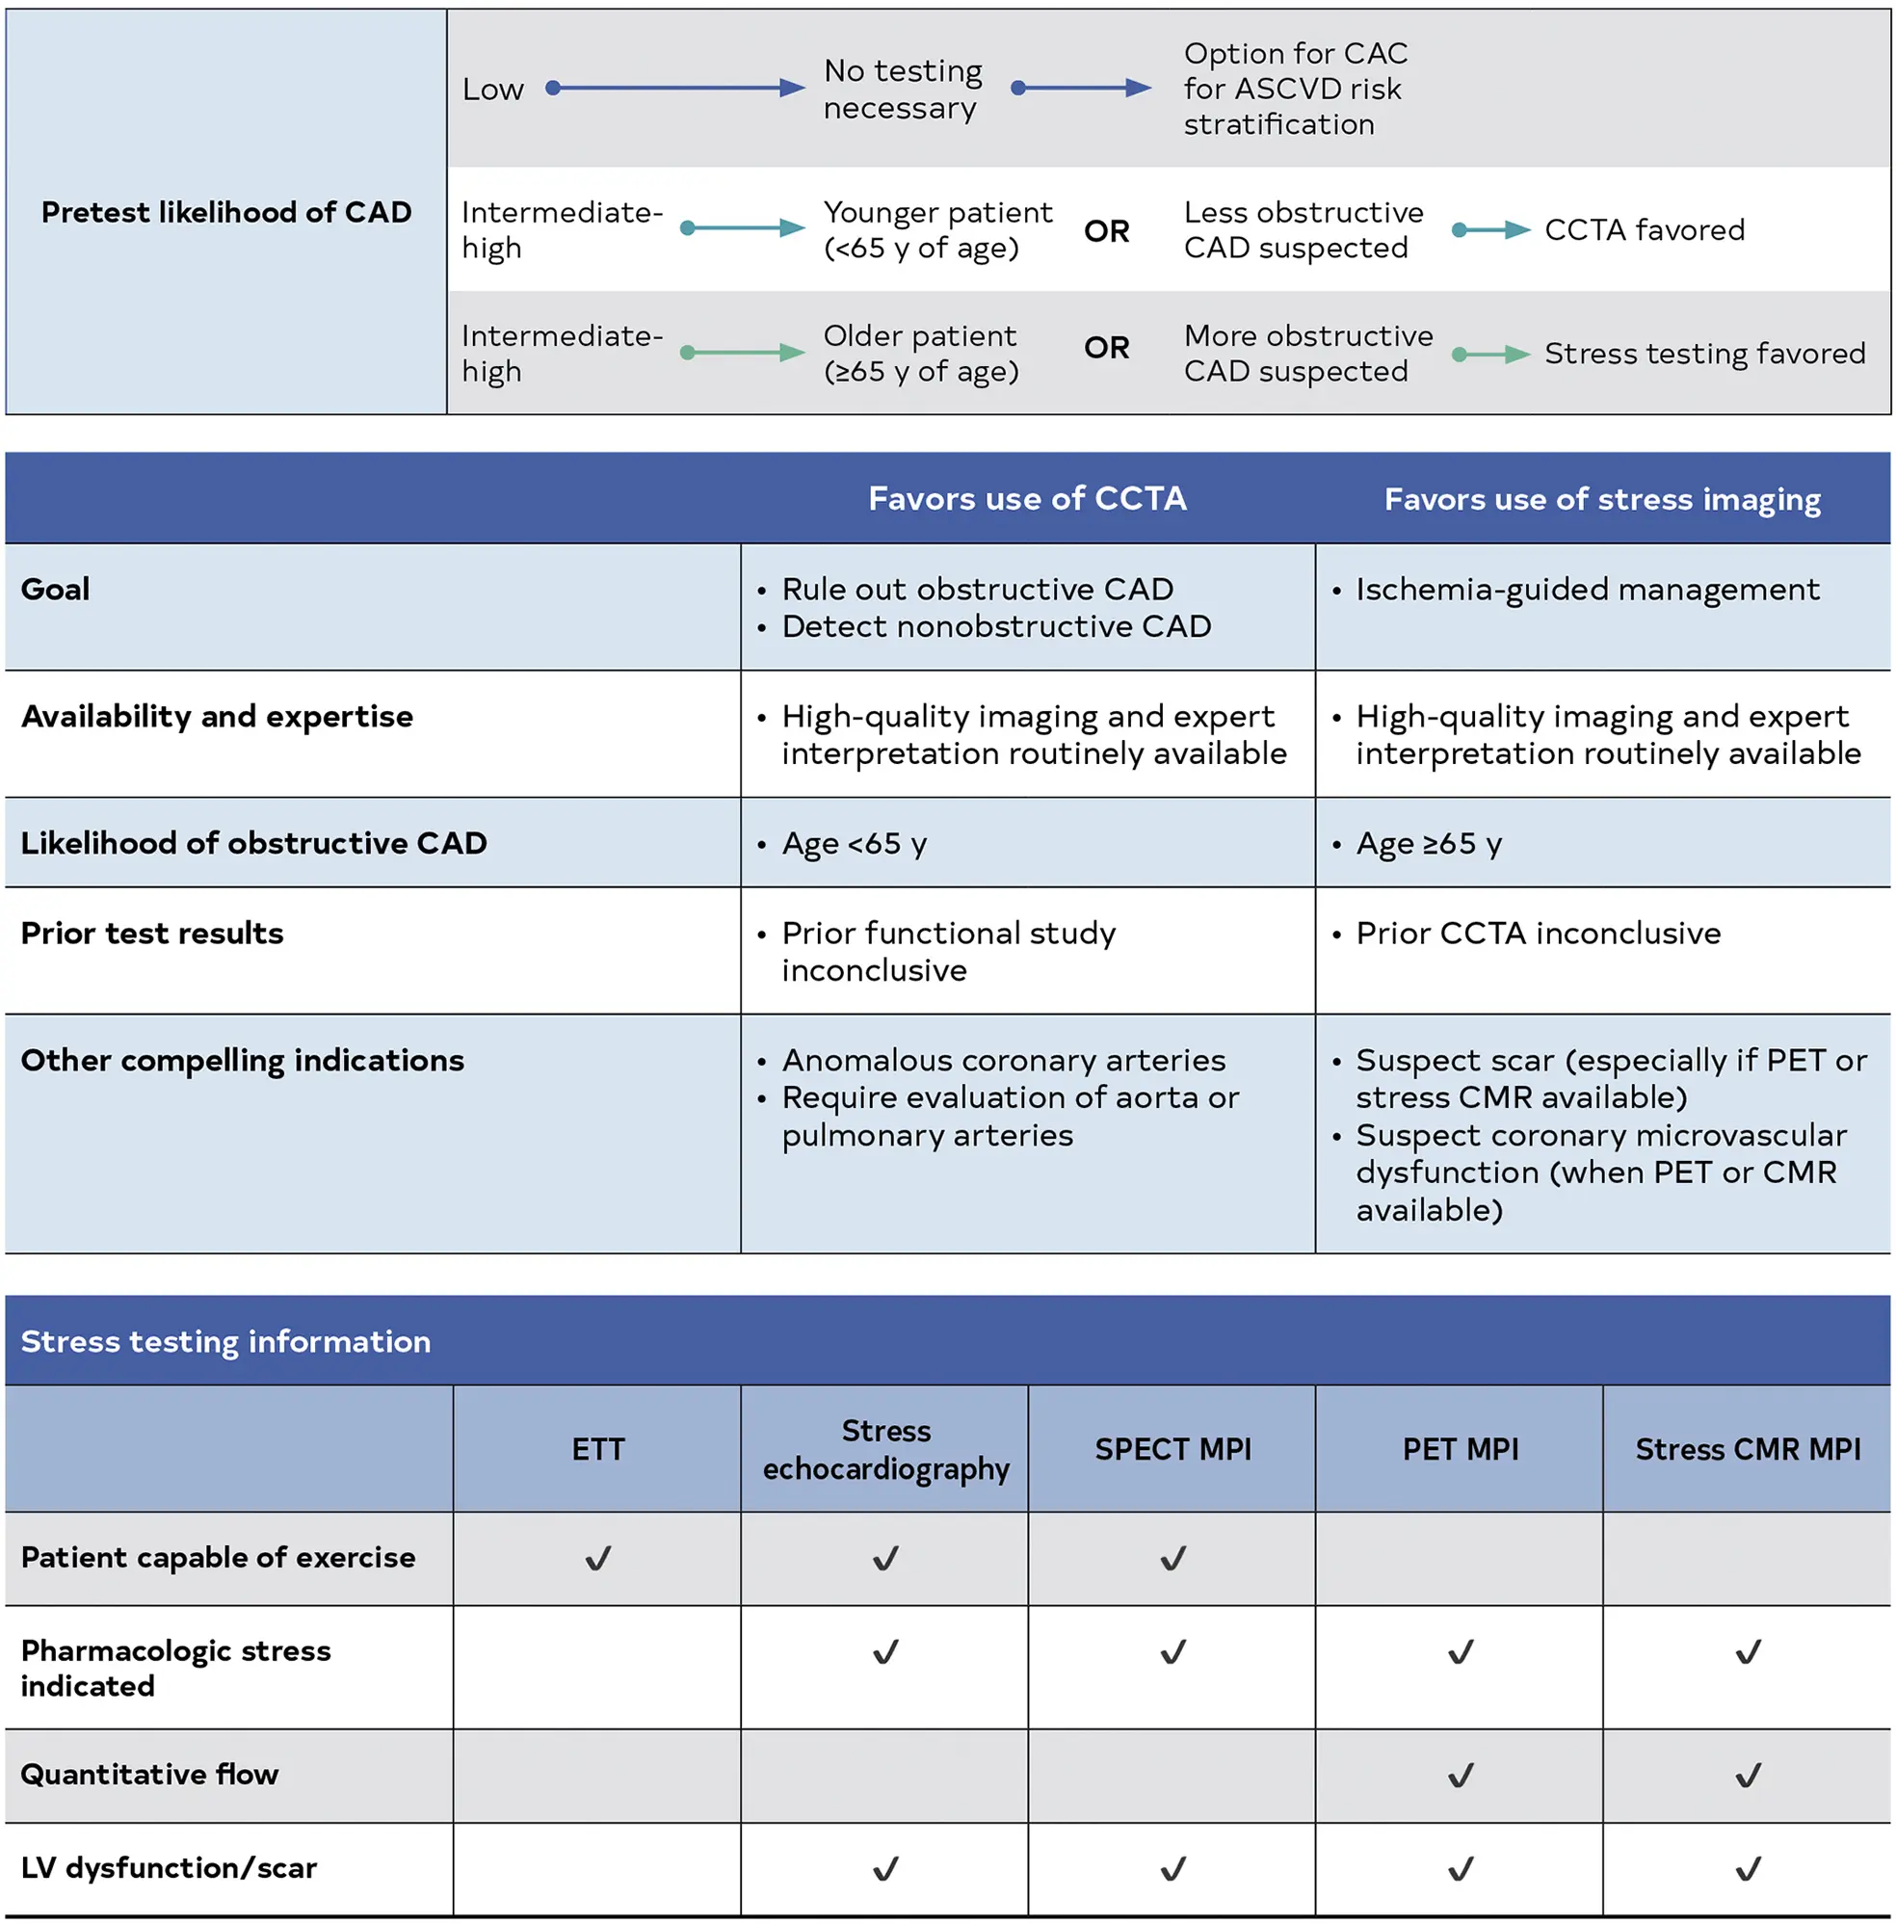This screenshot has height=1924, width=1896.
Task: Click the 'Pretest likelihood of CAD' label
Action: pos(226,212)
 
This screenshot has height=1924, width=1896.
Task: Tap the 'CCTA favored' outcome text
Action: pos(1644,230)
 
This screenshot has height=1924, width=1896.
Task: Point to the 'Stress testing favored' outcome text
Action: pos(1704,354)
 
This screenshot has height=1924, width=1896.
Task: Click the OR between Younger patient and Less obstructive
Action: pos(1106,231)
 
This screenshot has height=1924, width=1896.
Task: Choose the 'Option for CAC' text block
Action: pos(1295,89)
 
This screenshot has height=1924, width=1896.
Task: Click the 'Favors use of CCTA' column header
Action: pos(1027,498)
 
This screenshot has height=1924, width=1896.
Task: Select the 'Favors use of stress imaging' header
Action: pos(1601,499)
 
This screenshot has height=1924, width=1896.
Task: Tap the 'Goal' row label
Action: pos(56,589)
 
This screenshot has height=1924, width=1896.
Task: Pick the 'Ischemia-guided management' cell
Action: pos(1587,589)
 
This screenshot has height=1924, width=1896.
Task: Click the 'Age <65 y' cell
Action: pos(854,843)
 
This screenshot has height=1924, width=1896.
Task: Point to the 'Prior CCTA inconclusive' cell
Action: pos(1538,934)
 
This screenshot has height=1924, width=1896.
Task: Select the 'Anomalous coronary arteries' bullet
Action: pos(1003,1060)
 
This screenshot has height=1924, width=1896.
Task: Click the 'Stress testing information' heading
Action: pos(226,1341)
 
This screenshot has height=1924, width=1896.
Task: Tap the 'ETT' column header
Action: pos(597,1449)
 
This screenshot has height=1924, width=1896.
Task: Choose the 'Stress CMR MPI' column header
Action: pos(1748,1449)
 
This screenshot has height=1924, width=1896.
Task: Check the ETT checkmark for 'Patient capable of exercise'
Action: pos(597,1559)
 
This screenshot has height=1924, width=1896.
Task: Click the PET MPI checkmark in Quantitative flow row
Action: pos(1460,1775)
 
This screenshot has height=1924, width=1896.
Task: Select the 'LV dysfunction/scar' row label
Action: pos(170,1867)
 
